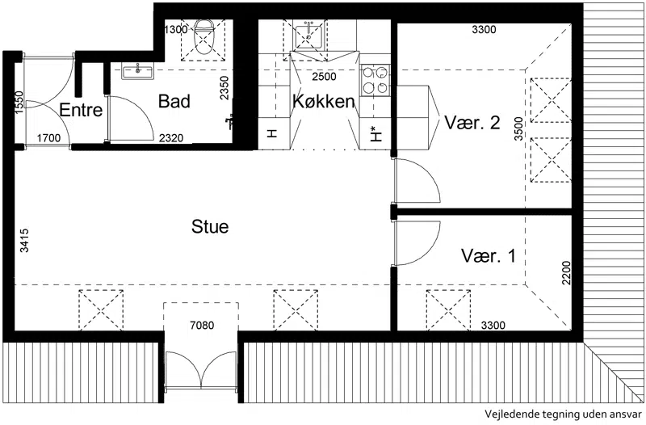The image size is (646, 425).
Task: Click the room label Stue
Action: point(210,227)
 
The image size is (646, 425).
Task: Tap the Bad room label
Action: point(174,102)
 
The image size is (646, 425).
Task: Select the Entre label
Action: point(81,110)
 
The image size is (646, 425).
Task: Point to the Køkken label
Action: point(324,102)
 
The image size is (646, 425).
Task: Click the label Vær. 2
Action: point(472,123)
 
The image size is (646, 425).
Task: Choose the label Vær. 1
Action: point(489,255)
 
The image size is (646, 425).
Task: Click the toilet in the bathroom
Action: point(203,37)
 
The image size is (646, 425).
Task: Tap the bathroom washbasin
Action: point(137,71)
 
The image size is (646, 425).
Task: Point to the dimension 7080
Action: point(202,326)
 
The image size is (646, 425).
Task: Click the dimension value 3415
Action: point(24,240)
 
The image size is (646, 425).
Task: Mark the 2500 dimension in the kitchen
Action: point(324,77)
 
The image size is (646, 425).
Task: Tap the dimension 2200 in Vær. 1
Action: point(567,272)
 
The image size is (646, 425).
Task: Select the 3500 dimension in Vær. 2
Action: point(518,128)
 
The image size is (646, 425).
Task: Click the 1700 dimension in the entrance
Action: point(48,138)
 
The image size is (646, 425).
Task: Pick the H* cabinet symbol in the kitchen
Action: point(375,133)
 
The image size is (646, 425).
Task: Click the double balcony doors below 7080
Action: point(201,370)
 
